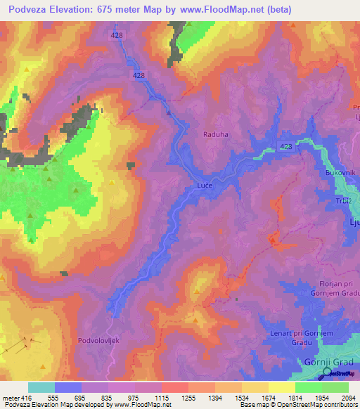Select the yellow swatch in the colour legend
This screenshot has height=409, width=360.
[x=281, y=387]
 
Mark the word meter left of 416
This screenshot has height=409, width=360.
[x=11, y=397]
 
